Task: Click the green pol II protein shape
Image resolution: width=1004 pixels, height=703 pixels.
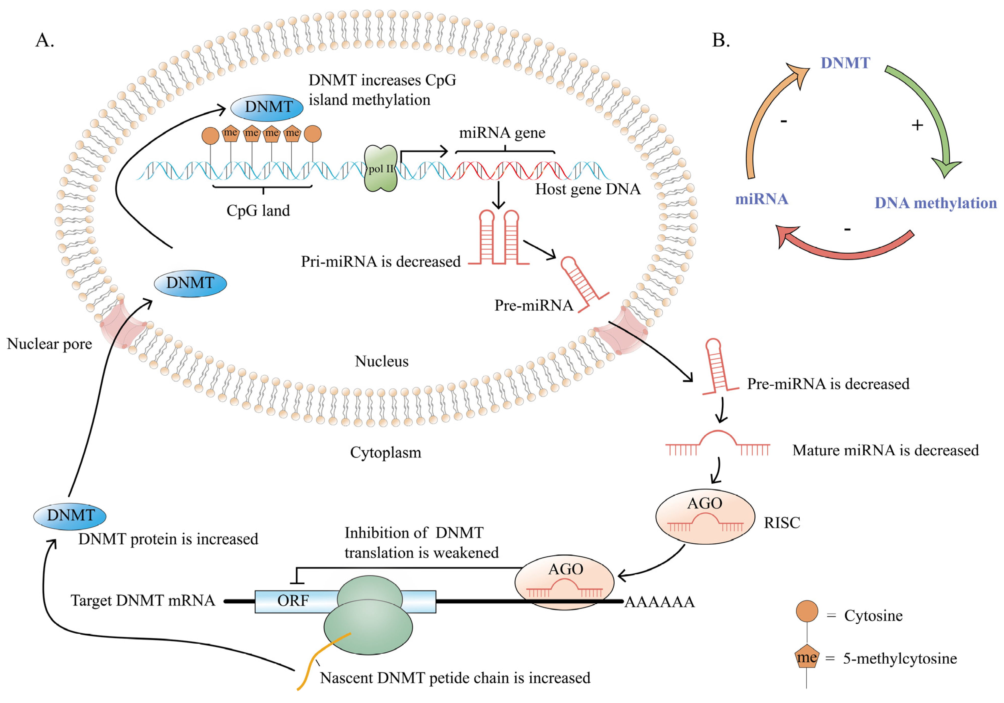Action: pyautogui.click(x=381, y=168)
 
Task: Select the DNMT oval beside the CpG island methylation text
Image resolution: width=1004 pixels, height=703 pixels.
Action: pyautogui.click(x=267, y=107)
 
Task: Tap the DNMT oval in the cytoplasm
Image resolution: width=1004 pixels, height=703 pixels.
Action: pyautogui.click(x=70, y=516)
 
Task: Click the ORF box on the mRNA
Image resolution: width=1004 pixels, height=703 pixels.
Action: pyautogui.click(x=293, y=601)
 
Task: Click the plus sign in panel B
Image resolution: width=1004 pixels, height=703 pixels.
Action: pyautogui.click(x=917, y=126)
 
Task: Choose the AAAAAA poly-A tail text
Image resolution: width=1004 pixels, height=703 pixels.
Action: pyautogui.click(x=659, y=602)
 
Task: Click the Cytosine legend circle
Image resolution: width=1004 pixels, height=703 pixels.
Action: pyautogui.click(x=807, y=611)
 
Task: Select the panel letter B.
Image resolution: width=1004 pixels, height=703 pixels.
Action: pyautogui.click(x=721, y=40)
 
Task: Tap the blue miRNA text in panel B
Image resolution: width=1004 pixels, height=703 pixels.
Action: pyautogui.click(x=761, y=199)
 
